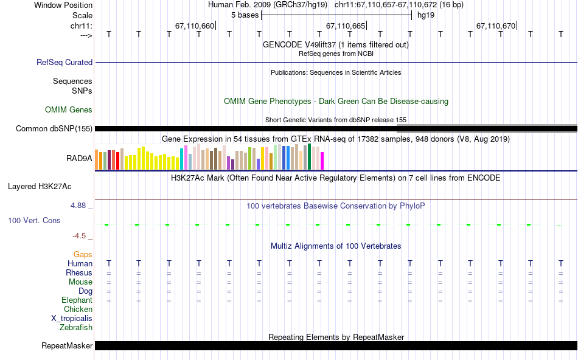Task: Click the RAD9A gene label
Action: click(x=79, y=158)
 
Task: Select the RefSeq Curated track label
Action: click(x=64, y=62)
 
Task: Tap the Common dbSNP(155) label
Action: click(x=54, y=128)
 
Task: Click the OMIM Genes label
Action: click(x=69, y=110)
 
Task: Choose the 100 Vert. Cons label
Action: click(x=34, y=220)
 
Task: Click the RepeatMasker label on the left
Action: click(x=66, y=346)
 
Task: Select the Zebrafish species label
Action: click(x=76, y=327)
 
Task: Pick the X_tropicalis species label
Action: click(x=72, y=318)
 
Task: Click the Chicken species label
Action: click(x=78, y=309)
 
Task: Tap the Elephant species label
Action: click(x=77, y=300)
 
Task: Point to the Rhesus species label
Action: click(x=79, y=272)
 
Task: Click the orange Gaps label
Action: click(x=83, y=254)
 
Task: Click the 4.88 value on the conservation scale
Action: click(x=79, y=206)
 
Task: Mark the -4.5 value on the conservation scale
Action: click(x=80, y=236)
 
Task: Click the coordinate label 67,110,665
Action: click(x=346, y=26)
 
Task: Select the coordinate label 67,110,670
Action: click(x=496, y=26)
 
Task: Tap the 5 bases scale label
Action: click(x=245, y=15)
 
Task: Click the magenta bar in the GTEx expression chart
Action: click(x=322, y=161)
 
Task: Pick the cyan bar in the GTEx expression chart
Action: click(x=182, y=159)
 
